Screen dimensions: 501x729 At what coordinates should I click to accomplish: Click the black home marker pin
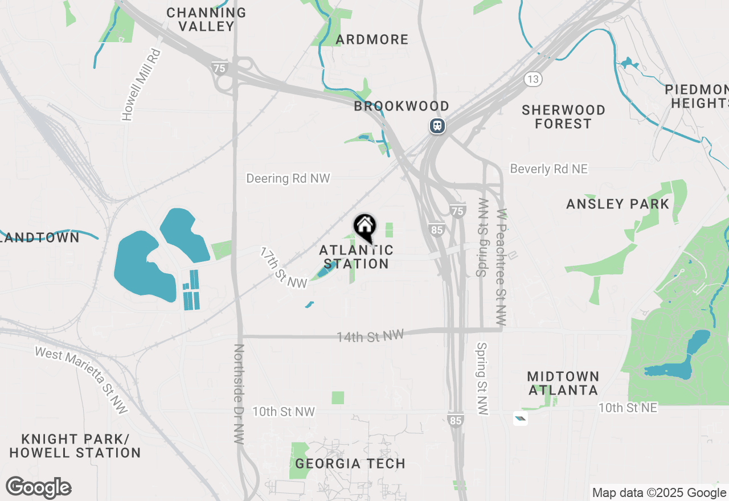pyautogui.click(x=365, y=227)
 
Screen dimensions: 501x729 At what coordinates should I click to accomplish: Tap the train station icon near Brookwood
pyautogui.click(x=437, y=125)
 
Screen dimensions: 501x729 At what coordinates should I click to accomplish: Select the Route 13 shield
pyautogui.click(x=533, y=79)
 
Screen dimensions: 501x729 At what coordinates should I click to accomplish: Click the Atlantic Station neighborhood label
pyautogui.click(x=357, y=257)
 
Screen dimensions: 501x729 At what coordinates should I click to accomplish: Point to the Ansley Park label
pyautogui.click(x=618, y=204)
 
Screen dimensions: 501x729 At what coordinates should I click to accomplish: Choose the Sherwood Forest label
pyautogui.click(x=563, y=117)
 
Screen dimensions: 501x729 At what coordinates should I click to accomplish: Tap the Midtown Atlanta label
pyautogui.click(x=563, y=383)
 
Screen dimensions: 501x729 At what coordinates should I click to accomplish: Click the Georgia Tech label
pyautogui.click(x=350, y=463)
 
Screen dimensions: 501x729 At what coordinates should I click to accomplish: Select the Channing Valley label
pyautogui.click(x=206, y=19)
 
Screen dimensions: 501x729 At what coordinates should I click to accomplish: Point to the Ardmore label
pyautogui.click(x=372, y=39)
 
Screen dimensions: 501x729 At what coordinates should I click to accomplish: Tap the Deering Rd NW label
pyautogui.click(x=288, y=178)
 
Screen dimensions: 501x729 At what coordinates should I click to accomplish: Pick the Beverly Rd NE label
pyautogui.click(x=548, y=169)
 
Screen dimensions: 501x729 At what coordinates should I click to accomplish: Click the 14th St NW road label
pyautogui.click(x=370, y=336)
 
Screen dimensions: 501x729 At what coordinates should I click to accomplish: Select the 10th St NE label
pyautogui.click(x=627, y=408)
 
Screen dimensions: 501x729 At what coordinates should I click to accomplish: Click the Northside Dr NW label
pyautogui.click(x=239, y=394)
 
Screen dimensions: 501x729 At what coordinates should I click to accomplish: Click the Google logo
pyautogui.click(x=38, y=488)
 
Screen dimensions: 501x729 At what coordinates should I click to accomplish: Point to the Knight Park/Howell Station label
pyautogui.click(x=75, y=446)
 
